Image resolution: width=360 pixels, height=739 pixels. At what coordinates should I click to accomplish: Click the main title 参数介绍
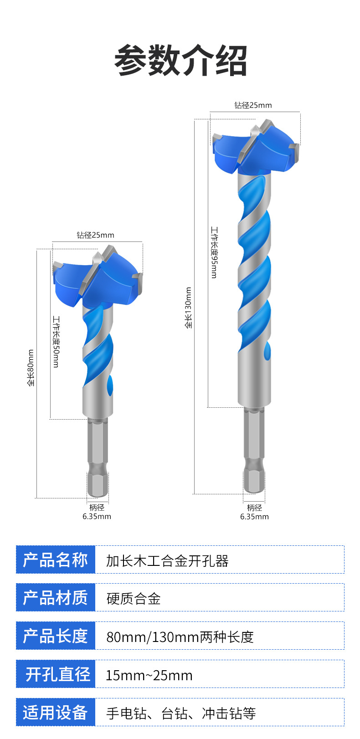pyautogui.click(x=180, y=61)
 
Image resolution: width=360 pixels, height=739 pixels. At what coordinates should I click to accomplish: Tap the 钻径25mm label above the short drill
pyautogui.click(x=95, y=235)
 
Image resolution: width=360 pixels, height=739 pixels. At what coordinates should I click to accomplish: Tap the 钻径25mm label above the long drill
pyautogui.click(x=253, y=105)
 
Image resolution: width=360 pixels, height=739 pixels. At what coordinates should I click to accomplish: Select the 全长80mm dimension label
pyautogui.click(x=31, y=368)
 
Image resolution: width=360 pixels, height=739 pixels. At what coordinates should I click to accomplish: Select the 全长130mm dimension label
pyautogui.click(x=188, y=308)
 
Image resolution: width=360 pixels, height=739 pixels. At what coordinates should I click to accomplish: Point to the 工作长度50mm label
pyautogui.click(x=57, y=342)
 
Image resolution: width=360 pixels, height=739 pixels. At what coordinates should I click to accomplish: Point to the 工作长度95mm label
pyautogui.click(x=214, y=252)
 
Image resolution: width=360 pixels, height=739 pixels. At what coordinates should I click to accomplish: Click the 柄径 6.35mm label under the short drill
pyautogui.click(x=97, y=512)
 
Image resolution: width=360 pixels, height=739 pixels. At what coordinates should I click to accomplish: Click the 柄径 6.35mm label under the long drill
pyautogui.click(x=254, y=512)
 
